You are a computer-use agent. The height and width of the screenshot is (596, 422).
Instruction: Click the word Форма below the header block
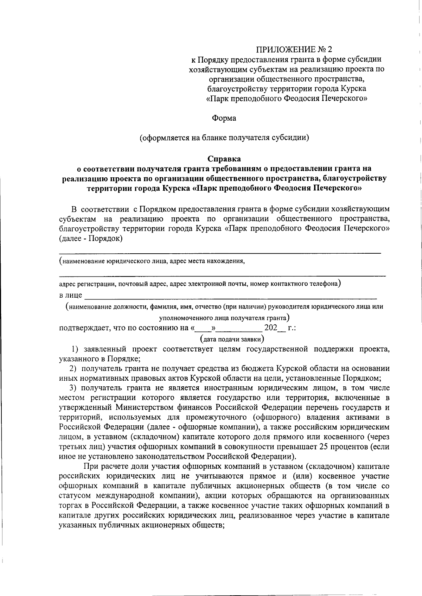click(224, 118)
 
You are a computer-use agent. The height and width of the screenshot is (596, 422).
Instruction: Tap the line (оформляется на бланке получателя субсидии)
click(224, 138)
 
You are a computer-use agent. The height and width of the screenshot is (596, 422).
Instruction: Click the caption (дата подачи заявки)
click(232, 339)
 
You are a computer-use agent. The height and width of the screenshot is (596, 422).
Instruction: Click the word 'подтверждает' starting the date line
click(83, 329)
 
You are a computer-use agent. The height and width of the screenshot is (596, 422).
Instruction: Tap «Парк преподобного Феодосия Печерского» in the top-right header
click(287, 98)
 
